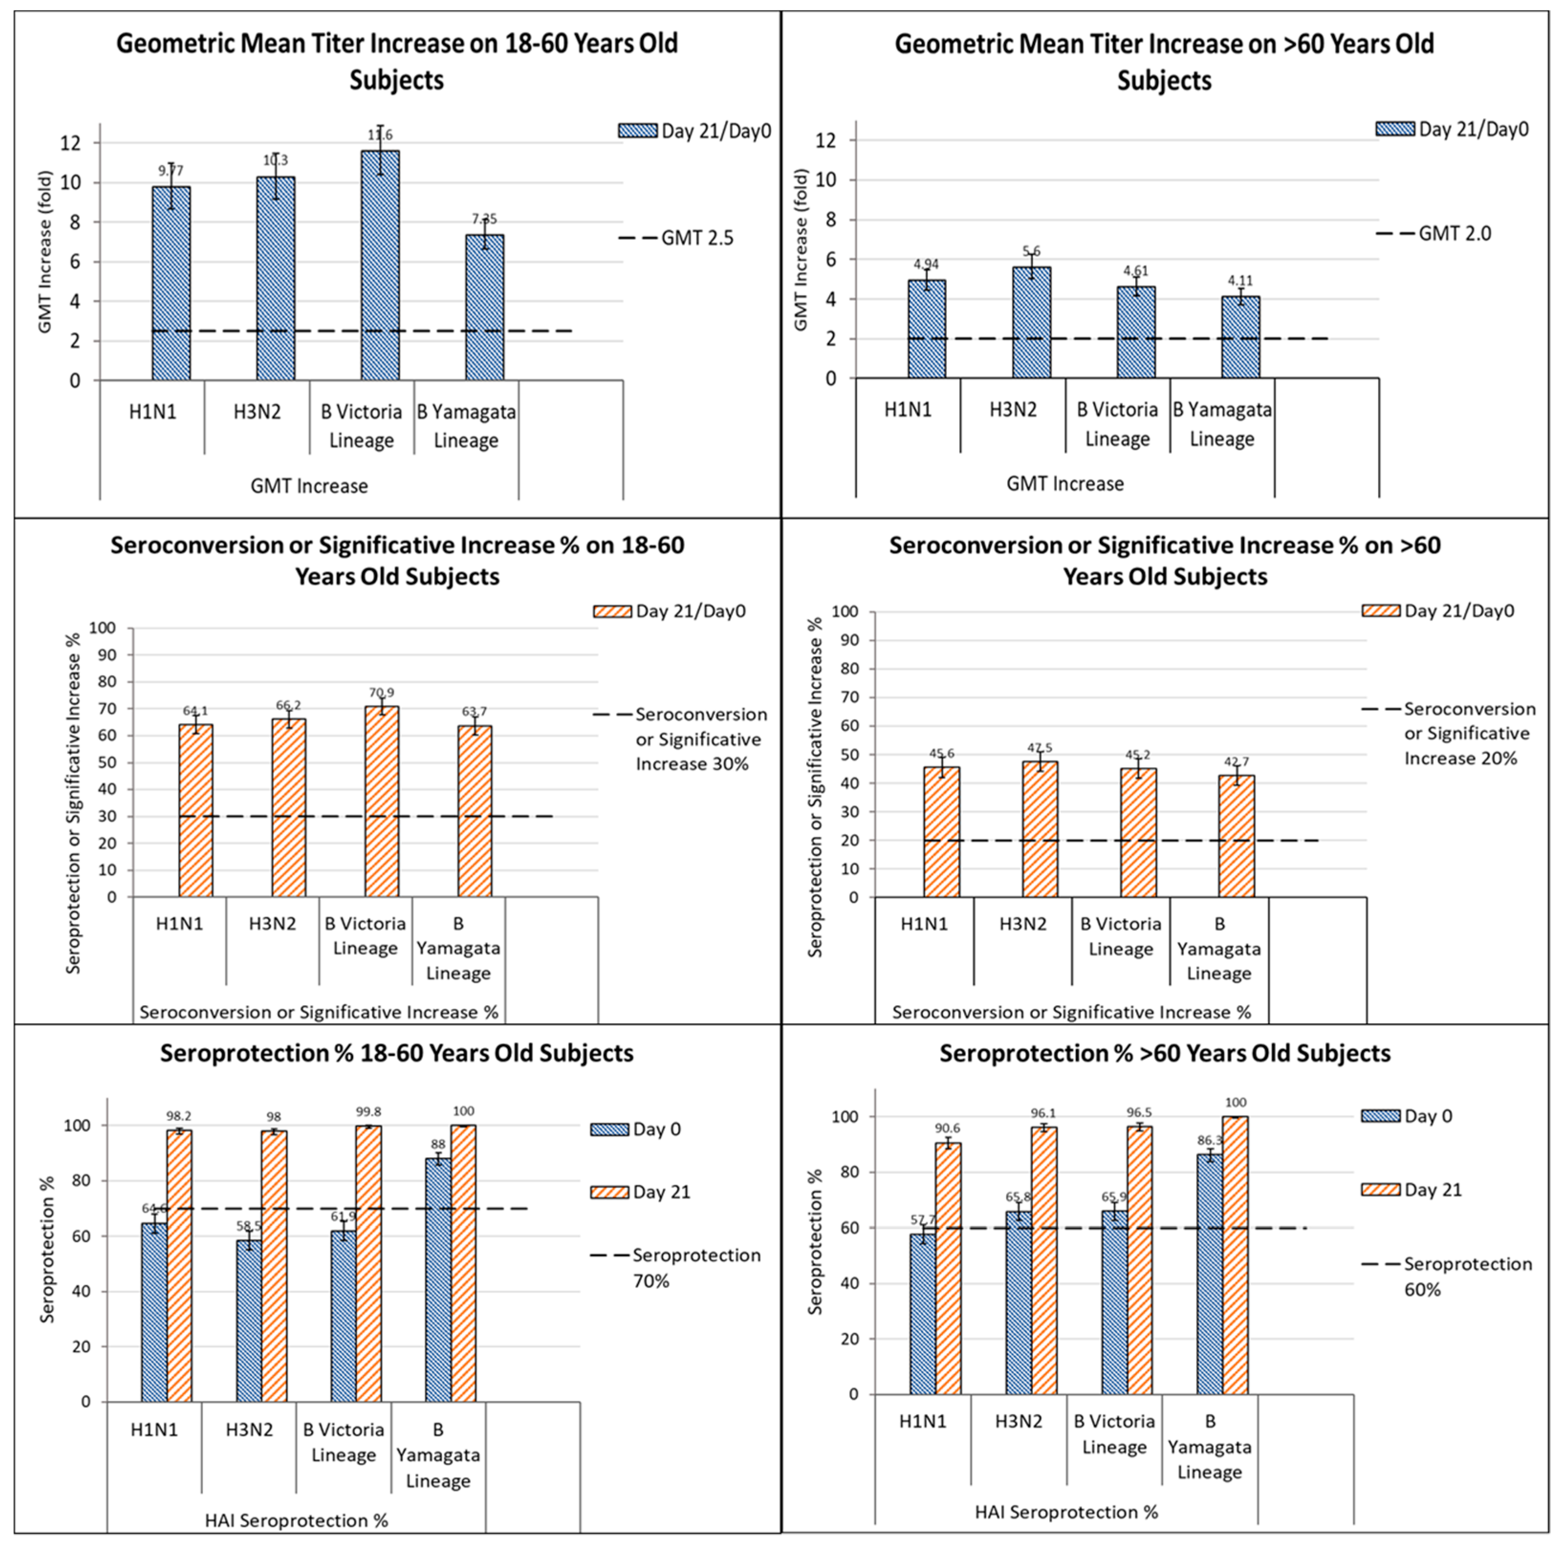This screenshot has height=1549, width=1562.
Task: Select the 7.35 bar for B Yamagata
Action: pos(484,307)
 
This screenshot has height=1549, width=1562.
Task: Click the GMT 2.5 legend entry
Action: pos(677,238)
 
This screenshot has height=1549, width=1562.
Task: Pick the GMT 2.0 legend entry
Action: pos(1434,234)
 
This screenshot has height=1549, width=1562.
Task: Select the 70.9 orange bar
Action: pos(381,801)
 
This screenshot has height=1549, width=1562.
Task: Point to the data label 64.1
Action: pos(195,711)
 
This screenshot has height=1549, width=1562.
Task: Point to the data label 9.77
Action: pos(171,171)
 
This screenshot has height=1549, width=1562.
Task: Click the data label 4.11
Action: pos(1240,281)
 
